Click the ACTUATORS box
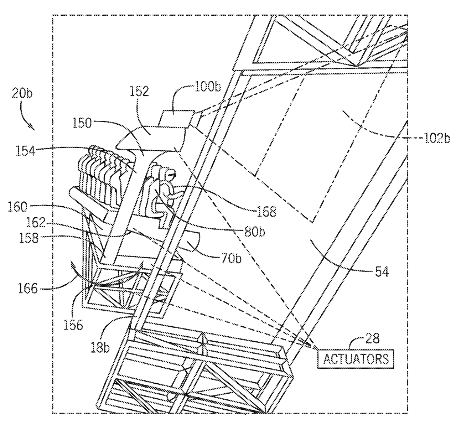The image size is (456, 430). click(x=356, y=358)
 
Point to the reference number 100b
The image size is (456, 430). click(x=208, y=87)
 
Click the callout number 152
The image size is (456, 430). click(x=139, y=91)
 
